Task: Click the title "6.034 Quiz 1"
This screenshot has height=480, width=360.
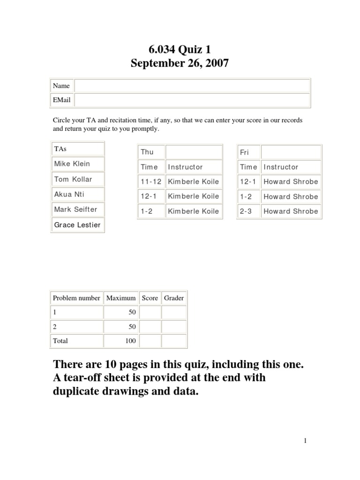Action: pyautogui.click(x=180, y=48)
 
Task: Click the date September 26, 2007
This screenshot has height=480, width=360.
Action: pyautogui.click(x=180, y=63)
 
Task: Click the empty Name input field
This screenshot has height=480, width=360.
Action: pyautogui.click(x=192, y=86)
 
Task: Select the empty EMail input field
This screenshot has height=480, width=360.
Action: pyautogui.click(x=192, y=100)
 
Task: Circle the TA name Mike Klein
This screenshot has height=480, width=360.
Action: pyautogui.click(x=72, y=164)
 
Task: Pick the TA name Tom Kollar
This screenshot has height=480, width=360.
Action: pyautogui.click(x=73, y=179)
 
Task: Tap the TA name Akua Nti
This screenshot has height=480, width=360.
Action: pyautogui.click(x=69, y=194)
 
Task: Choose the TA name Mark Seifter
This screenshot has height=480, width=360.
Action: pyautogui.click(x=75, y=209)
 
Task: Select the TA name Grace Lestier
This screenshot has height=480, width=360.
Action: pyautogui.click(x=77, y=225)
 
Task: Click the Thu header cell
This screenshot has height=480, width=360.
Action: pyautogui.click(x=147, y=152)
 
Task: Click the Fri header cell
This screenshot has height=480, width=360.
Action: pyautogui.click(x=245, y=152)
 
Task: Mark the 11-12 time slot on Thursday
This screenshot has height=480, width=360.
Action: pyautogui.click(x=150, y=181)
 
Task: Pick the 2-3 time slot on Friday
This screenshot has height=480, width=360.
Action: pyautogui.click(x=246, y=211)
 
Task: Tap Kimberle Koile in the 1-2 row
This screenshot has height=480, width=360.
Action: pyautogui.click(x=193, y=211)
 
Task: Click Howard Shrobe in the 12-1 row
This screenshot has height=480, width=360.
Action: pyautogui.click(x=291, y=181)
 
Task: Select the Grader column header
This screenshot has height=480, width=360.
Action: pyautogui.click(x=174, y=298)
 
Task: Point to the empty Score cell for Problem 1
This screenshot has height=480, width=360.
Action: pyautogui.click(x=150, y=312)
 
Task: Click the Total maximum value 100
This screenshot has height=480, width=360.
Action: pyautogui.click(x=130, y=341)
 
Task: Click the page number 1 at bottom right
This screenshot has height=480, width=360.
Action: pyautogui.click(x=305, y=440)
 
